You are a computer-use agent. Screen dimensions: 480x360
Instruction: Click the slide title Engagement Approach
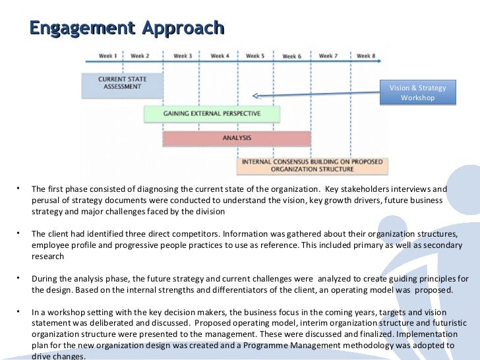point(127,28)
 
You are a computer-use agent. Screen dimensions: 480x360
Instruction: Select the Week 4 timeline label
point(219,56)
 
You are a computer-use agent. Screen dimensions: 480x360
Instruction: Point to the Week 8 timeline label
point(366,56)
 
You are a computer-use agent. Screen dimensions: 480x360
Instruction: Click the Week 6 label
point(291,57)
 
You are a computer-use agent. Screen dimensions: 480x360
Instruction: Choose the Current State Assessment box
point(122,83)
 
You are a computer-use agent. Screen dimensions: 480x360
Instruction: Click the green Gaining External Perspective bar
point(212,113)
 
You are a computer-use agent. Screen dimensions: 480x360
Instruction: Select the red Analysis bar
point(236,138)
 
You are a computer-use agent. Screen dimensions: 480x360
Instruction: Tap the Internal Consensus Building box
point(313,165)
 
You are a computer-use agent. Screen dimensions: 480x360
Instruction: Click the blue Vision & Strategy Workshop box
point(418,93)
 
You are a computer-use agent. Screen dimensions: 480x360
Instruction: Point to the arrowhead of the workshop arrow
point(256,96)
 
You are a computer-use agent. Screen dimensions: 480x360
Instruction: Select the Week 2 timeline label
point(140,56)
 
